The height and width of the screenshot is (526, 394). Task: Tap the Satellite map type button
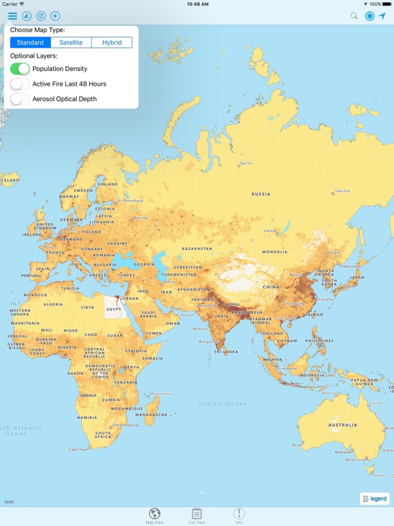(71, 42)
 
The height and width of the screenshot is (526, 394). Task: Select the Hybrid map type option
(112, 42)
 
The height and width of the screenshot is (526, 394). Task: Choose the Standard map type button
(30, 42)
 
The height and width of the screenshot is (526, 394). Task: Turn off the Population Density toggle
(20, 69)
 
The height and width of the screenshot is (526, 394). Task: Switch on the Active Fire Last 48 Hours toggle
(20, 84)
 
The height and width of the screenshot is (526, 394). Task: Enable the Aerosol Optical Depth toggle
(20, 99)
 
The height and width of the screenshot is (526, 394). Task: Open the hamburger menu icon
(12, 16)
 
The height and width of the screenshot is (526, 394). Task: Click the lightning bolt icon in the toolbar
(55, 16)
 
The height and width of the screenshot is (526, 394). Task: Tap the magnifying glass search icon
(354, 16)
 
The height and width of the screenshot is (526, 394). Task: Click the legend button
(374, 498)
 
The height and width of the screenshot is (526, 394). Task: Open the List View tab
(197, 516)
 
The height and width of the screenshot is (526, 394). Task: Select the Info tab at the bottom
(239, 516)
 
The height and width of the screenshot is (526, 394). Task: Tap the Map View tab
(154, 516)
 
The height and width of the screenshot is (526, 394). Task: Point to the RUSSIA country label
(260, 194)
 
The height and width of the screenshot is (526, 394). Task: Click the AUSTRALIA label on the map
(343, 424)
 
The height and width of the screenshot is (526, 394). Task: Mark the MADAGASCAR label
(151, 414)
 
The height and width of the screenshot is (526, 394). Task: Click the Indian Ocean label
(223, 404)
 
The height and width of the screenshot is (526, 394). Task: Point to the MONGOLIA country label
(275, 252)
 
